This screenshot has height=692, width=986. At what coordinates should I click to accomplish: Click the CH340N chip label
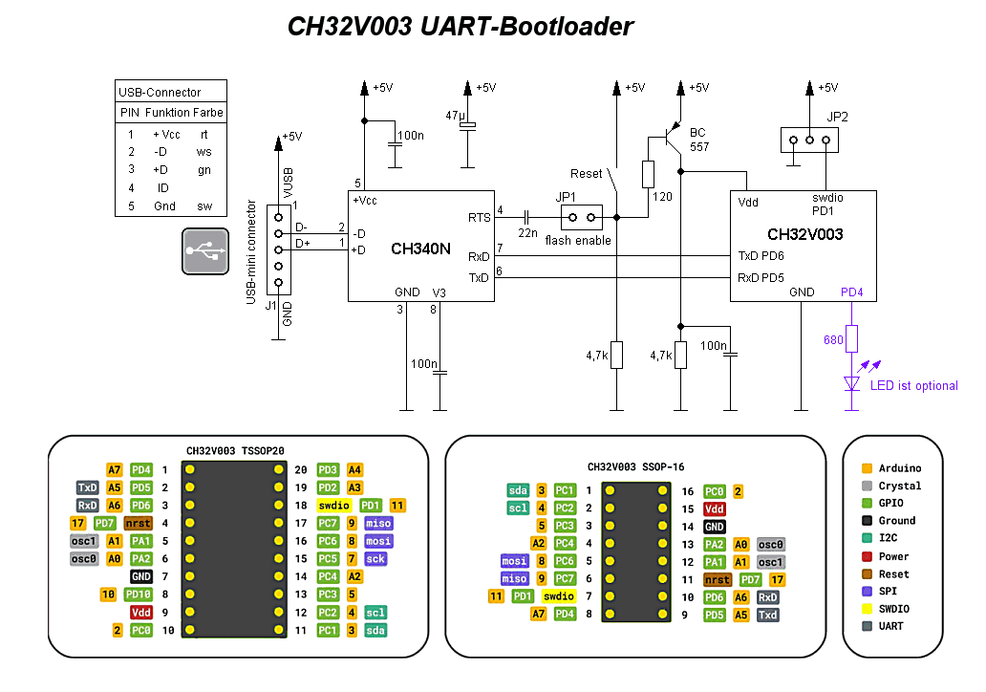pos(420,249)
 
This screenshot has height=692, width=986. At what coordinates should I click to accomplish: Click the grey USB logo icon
pos(205,251)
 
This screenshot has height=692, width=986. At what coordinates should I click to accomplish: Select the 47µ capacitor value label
pos(456,116)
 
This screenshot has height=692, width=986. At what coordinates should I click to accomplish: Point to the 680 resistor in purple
pos(851,339)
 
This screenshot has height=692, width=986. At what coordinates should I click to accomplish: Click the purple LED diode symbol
pos(852,383)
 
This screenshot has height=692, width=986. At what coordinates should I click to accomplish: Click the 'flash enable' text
pos(578,240)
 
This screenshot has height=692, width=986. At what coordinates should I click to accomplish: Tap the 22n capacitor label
pos(527,233)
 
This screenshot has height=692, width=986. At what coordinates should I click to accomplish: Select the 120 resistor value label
pos(662,197)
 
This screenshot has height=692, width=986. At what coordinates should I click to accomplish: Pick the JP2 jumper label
pos(837,117)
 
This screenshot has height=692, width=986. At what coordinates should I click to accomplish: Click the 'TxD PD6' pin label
pos(761,256)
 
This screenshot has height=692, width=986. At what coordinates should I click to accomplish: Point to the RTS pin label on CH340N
pos(479,218)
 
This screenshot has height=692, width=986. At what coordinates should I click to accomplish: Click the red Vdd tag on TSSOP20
pos(140,612)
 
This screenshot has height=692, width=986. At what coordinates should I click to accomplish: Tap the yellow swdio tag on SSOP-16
pos(558,596)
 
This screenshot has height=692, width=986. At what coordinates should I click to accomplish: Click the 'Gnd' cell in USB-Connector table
pos(164,206)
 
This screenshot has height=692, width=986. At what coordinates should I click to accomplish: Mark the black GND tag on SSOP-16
pos(715,527)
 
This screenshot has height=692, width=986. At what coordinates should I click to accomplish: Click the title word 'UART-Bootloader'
pos(526,27)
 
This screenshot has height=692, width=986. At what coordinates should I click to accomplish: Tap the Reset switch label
pos(586,174)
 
